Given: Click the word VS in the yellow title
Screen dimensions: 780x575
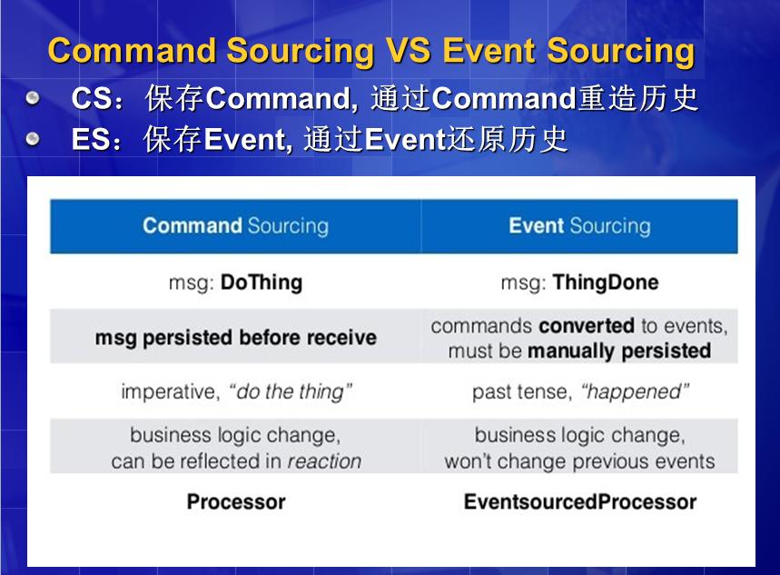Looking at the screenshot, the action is point(409,51).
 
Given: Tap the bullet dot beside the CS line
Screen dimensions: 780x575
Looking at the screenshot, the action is point(33,97).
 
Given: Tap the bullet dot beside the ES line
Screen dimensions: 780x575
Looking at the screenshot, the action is point(33,138).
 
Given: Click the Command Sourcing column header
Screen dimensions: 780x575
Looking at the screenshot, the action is point(235,226).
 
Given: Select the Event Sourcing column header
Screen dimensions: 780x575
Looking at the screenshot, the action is point(579,226).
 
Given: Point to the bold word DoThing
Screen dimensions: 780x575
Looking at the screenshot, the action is point(262,283).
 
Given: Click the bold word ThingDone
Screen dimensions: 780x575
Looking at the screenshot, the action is point(606,283).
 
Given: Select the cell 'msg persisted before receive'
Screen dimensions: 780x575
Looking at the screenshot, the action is point(236,338).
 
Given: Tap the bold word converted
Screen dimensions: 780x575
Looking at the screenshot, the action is point(587,326).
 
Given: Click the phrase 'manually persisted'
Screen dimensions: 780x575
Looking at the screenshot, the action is point(619,351).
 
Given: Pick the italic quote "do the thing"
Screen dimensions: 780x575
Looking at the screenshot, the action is point(290,392).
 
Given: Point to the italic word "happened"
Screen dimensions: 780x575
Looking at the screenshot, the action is point(635,392).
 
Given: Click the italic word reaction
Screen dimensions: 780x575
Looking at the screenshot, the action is point(324,461).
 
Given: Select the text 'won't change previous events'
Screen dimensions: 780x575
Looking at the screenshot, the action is point(579,461).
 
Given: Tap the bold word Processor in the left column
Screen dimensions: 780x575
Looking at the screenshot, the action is point(236,501).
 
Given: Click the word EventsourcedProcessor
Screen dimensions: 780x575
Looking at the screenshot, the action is point(580,501).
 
